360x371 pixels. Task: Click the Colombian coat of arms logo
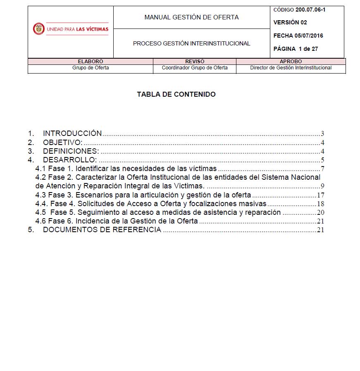pyautogui.click(x=38, y=29)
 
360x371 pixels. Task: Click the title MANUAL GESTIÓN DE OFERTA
pyautogui.click(x=191, y=17)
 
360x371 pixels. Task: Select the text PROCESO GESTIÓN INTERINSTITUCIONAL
pyautogui.click(x=191, y=43)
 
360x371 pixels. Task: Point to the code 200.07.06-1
pyautogui.click(x=310, y=10)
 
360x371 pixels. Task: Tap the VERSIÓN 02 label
pyautogui.click(x=290, y=22)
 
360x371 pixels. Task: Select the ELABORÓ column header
pyautogui.click(x=91, y=62)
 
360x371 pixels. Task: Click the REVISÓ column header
pyautogui.click(x=195, y=62)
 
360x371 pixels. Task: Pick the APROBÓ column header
pyautogui.click(x=291, y=62)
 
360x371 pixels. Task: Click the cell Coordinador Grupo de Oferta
pyautogui.click(x=195, y=68)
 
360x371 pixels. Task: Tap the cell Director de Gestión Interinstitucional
pyautogui.click(x=291, y=68)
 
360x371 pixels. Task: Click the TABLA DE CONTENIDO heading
pyautogui.click(x=176, y=94)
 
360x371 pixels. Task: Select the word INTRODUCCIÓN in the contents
pyautogui.click(x=72, y=133)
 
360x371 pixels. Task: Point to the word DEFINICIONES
pyautogui.click(x=71, y=151)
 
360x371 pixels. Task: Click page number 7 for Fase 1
pyautogui.click(x=322, y=169)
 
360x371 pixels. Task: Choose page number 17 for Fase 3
pyautogui.click(x=320, y=195)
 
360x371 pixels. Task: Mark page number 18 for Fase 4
pyautogui.click(x=320, y=204)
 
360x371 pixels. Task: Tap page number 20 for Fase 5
pyautogui.click(x=320, y=213)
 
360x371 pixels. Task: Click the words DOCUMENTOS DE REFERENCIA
pyautogui.click(x=102, y=230)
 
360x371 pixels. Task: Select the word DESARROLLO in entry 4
pyautogui.click(x=70, y=160)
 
